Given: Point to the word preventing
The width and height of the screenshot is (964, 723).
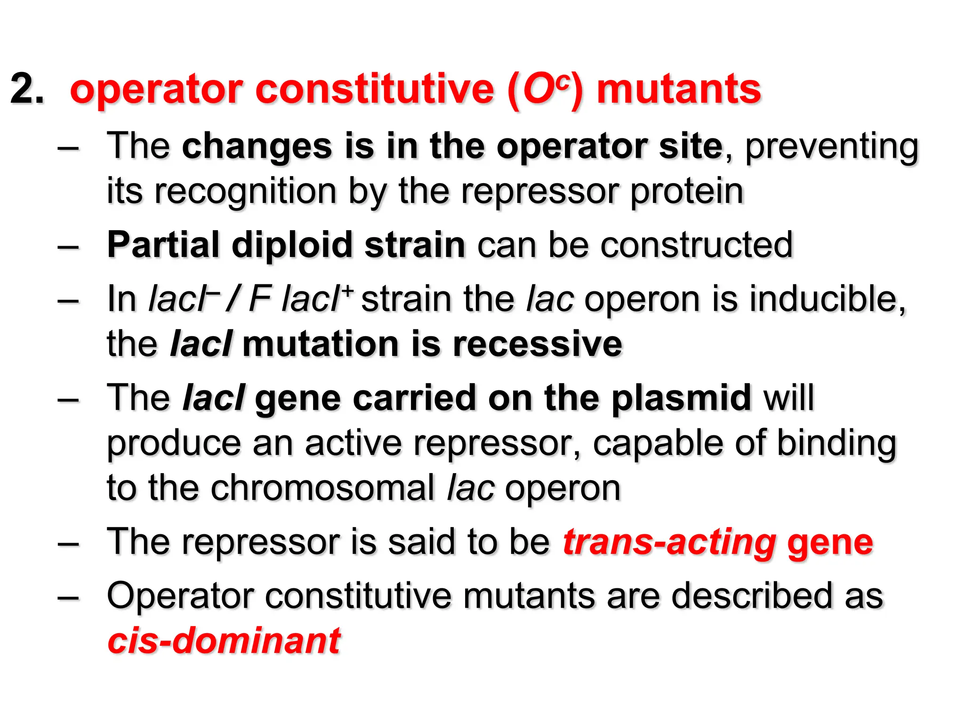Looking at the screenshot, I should pos(831,147).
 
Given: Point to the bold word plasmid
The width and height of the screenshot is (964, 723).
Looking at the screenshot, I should pos(681,398).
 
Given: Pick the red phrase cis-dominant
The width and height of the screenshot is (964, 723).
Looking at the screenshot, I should pos(224,641).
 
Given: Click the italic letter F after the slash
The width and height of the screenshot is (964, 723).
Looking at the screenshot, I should pos(260,299).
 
